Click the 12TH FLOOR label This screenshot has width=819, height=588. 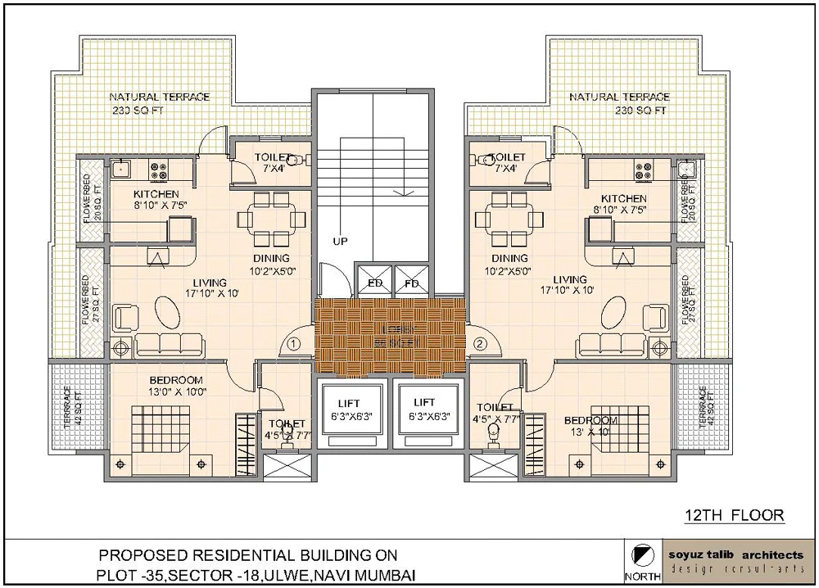(x=734, y=515)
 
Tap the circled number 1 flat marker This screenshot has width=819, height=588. (x=296, y=343)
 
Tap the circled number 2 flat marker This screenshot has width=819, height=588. (x=480, y=343)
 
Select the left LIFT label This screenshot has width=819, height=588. (x=353, y=403)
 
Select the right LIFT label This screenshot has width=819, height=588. (x=423, y=403)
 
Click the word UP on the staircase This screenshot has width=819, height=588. (x=342, y=242)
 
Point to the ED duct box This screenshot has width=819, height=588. (x=375, y=283)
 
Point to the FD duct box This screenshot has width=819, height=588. (x=412, y=283)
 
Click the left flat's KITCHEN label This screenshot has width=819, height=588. (x=156, y=194)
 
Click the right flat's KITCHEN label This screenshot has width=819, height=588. (x=623, y=199)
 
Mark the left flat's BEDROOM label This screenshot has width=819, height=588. (x=175, y=380)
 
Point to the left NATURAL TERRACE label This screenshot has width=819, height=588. (x=160, y=97)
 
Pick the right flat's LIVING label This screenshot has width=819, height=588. (x=570, y=279)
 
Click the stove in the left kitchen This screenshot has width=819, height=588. (x=159, y=170)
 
